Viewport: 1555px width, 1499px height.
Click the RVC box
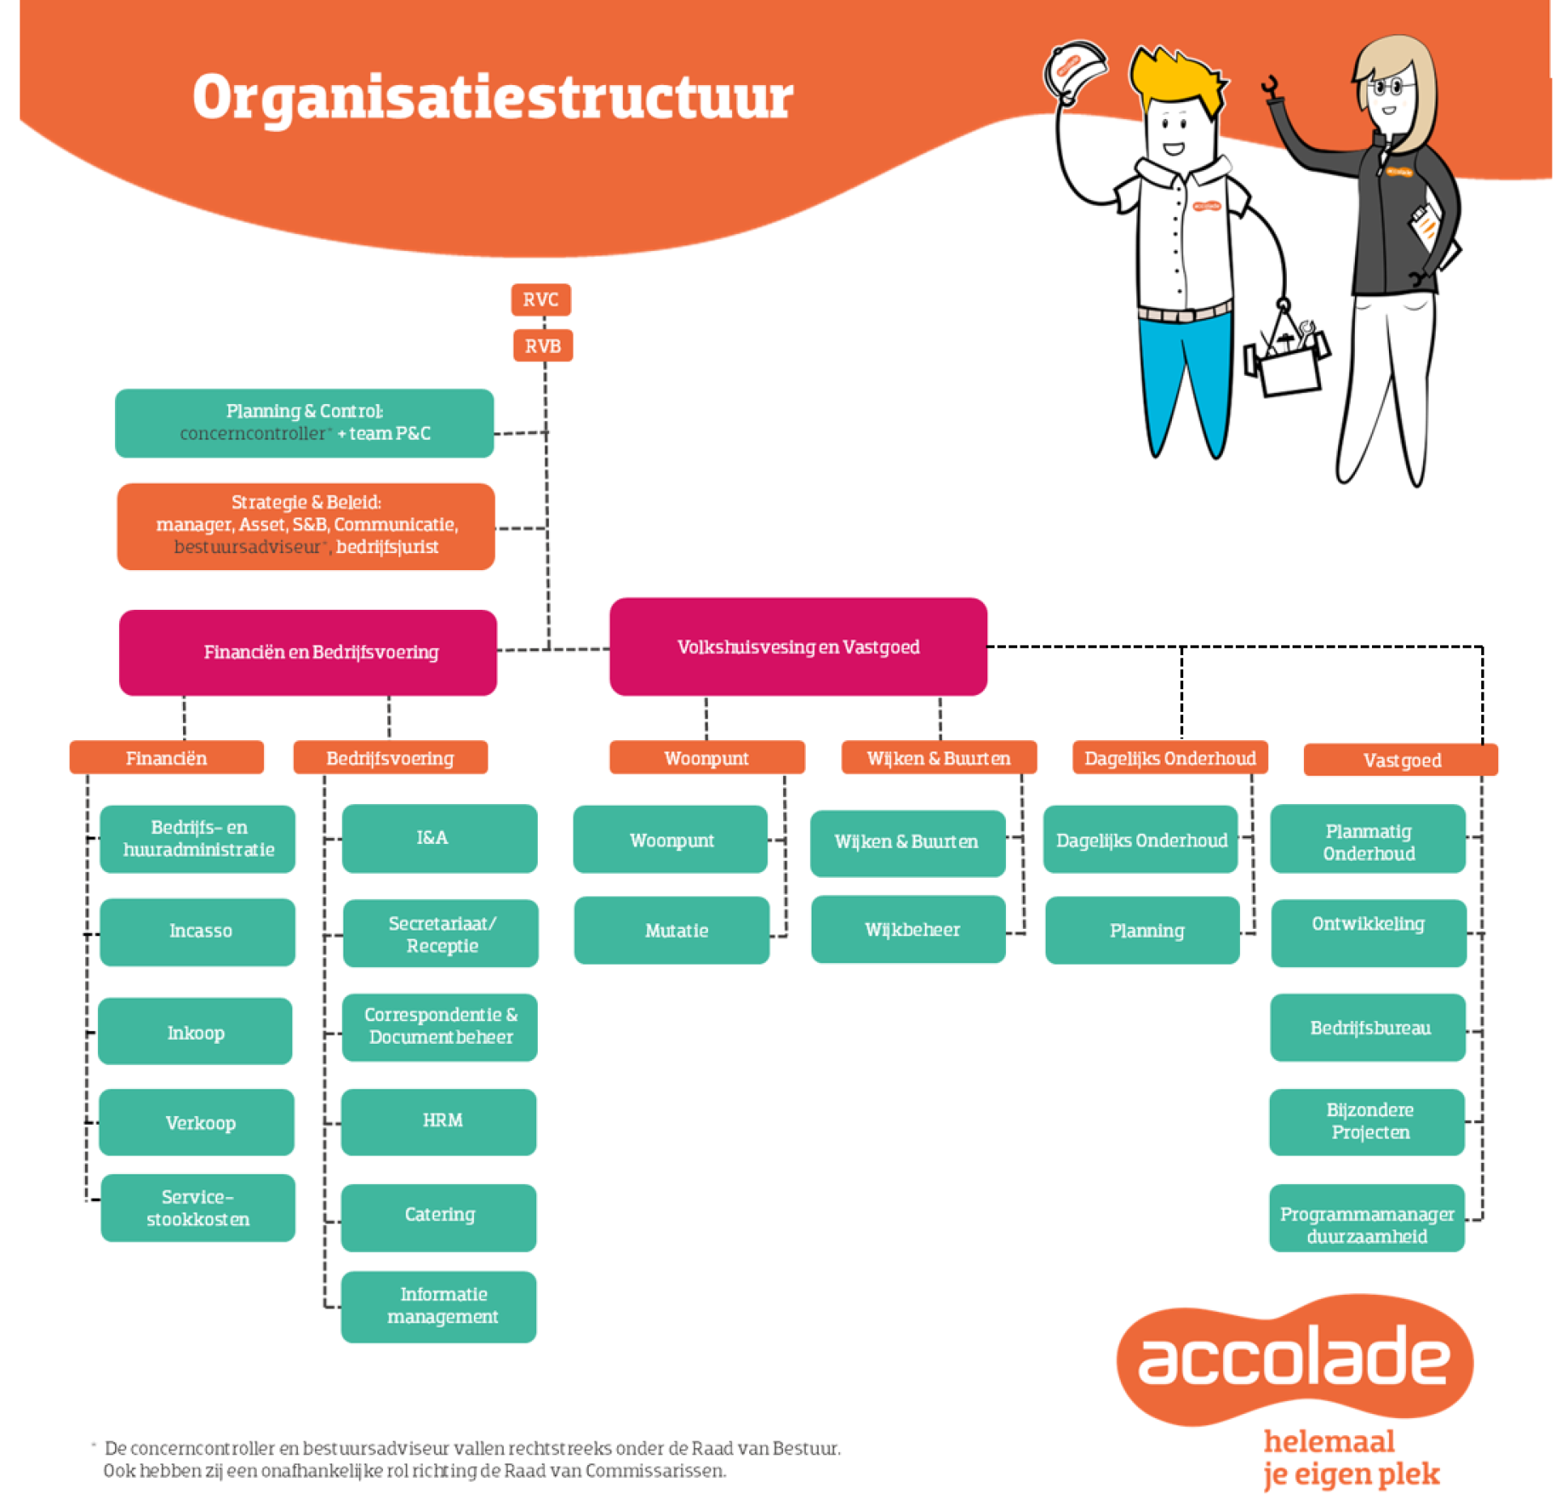540,300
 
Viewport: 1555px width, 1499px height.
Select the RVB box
543,346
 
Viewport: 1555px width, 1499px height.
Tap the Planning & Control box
305,423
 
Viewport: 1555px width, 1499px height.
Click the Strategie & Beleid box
306,526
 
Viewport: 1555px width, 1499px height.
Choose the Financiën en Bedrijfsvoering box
308,652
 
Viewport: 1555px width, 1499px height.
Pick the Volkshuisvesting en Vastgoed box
798,647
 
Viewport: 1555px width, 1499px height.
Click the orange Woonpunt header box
706,758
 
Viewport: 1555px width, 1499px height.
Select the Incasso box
198,931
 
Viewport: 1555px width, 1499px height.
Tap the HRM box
439,1122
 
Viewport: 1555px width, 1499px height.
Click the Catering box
439,1216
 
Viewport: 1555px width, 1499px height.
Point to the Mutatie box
672,930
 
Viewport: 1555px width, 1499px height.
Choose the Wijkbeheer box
909,930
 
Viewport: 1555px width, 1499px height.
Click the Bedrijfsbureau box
1368,1028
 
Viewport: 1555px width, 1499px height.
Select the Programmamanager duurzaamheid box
1366,1218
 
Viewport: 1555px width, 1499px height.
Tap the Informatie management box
439,1305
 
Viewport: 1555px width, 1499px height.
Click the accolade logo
1294,1360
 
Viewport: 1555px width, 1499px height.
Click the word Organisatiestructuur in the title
492,98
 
